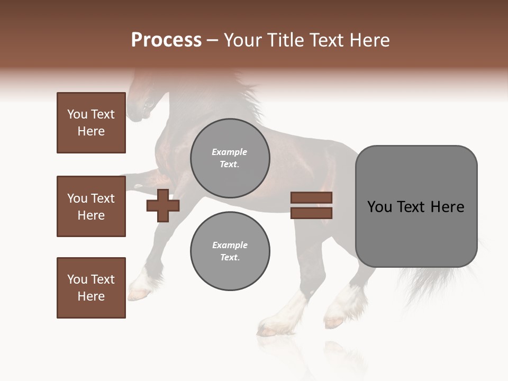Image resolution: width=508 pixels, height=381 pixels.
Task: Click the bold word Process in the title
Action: (166, 40)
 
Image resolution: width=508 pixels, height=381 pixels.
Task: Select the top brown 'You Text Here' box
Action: (91, 123)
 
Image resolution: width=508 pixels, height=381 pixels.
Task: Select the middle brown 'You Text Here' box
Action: (91, 206)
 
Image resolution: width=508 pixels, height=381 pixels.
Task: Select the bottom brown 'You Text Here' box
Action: (91, 288)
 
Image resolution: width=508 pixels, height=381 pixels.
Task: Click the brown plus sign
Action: (163, 205)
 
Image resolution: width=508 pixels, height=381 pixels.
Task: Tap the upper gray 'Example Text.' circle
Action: (230, 158)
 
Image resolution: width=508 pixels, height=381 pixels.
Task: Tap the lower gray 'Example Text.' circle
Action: (230, 251)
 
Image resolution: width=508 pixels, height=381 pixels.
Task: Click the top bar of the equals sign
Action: (311, 197)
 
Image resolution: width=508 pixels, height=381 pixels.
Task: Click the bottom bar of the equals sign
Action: (311, 213)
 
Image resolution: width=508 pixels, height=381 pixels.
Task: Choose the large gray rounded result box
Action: (416, 206)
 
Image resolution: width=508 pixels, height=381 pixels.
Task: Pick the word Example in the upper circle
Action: (230, 152)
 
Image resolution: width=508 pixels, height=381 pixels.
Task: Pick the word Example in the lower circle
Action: (230, 245)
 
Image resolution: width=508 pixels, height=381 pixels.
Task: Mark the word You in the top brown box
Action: (77, 114)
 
